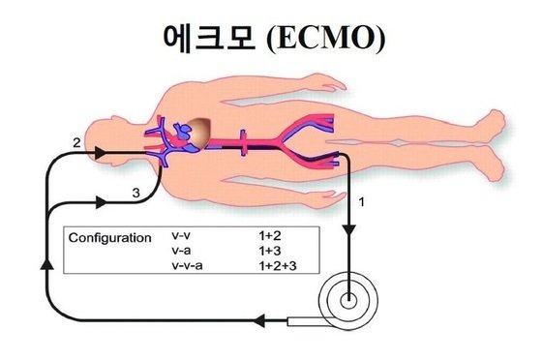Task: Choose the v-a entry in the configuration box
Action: click(179, 251)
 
